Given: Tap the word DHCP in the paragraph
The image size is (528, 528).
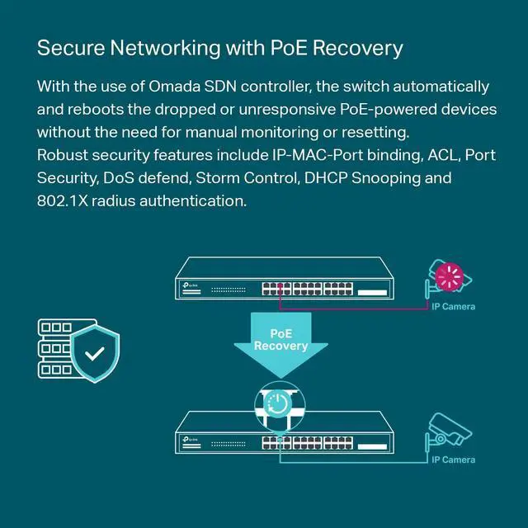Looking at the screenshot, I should point(332,178).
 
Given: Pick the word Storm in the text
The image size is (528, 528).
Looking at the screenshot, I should point(220,178).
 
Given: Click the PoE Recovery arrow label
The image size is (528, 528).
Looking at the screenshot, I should point(280,339).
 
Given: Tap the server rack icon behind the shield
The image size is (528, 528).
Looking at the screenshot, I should point(56,348).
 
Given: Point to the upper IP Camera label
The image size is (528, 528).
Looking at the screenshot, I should point(453,307).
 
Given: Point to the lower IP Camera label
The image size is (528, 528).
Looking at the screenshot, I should point(453,460).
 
